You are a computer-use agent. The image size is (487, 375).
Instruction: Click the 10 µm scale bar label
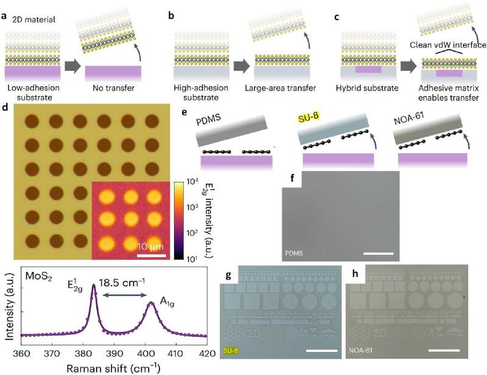click(x=149, y=246)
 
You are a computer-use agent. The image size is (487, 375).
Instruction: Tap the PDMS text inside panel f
click(x=295, y=252)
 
